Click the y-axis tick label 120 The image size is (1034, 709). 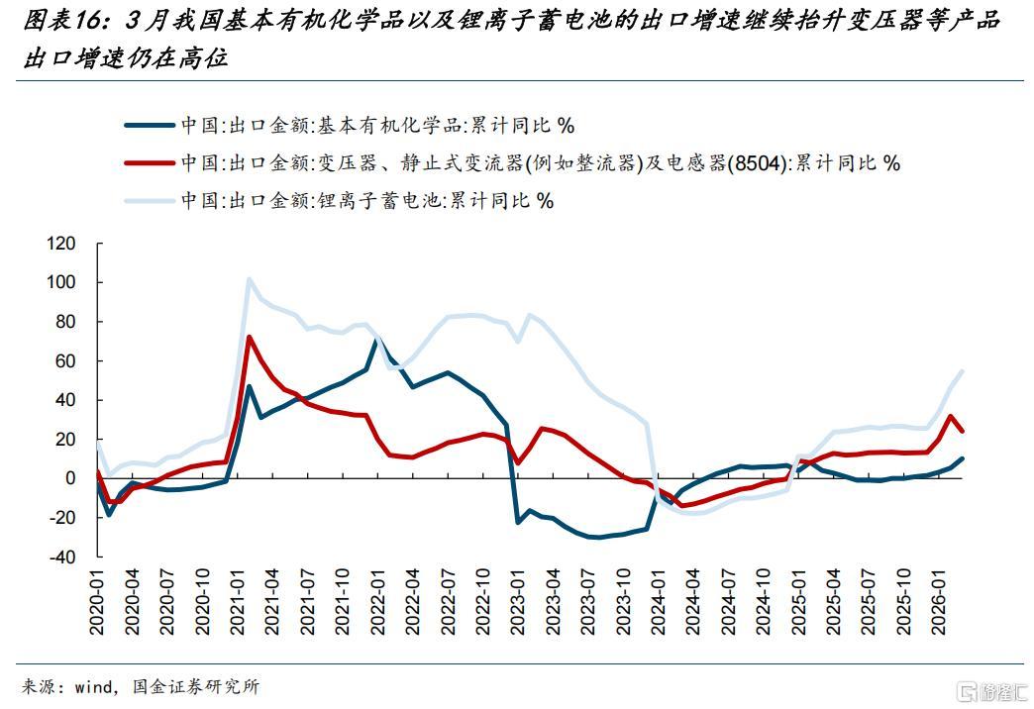61,243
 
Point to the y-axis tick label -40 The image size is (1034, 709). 61,557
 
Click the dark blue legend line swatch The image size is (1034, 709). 150,126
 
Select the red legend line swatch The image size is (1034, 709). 150,163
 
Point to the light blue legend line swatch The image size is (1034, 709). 150,201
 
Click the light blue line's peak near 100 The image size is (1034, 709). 249,278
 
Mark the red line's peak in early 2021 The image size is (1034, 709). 249,337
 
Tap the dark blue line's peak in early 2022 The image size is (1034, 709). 376,341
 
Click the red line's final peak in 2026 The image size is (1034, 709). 950,416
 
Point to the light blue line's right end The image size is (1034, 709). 963,370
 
